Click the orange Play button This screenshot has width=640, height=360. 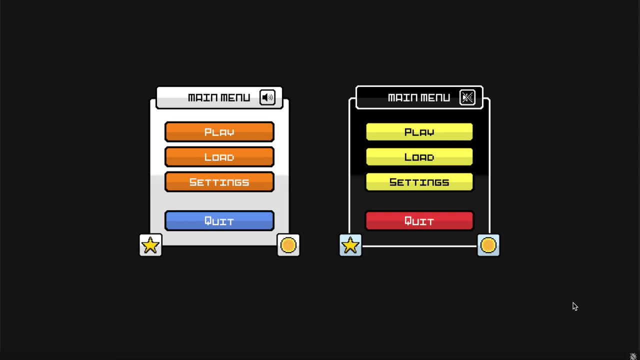(219, 132)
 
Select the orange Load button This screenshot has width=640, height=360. (219, 157)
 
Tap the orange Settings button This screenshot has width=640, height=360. (219, 182)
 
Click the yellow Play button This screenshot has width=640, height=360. (419, 132)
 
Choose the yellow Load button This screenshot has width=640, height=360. (419, 157)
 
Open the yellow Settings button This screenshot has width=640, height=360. (419, 182)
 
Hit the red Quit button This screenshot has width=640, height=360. (419, 221)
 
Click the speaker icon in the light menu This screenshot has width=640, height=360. (267, 97)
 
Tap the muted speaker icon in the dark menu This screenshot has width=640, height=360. (467, 97)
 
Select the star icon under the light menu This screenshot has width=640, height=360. (150, 245)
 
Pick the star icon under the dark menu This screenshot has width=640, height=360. (350, 245)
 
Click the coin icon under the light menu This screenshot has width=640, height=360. (288, 245)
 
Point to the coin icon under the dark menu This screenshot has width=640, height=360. (488, 245)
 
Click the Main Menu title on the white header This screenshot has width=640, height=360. (219, 97)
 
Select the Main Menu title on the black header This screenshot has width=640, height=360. (419, 97)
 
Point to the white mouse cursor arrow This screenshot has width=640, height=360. (575, 306)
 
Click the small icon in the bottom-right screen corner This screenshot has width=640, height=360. (633, 356)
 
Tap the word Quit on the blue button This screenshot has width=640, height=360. (219, 221)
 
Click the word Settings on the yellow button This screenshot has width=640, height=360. (419, 182)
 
